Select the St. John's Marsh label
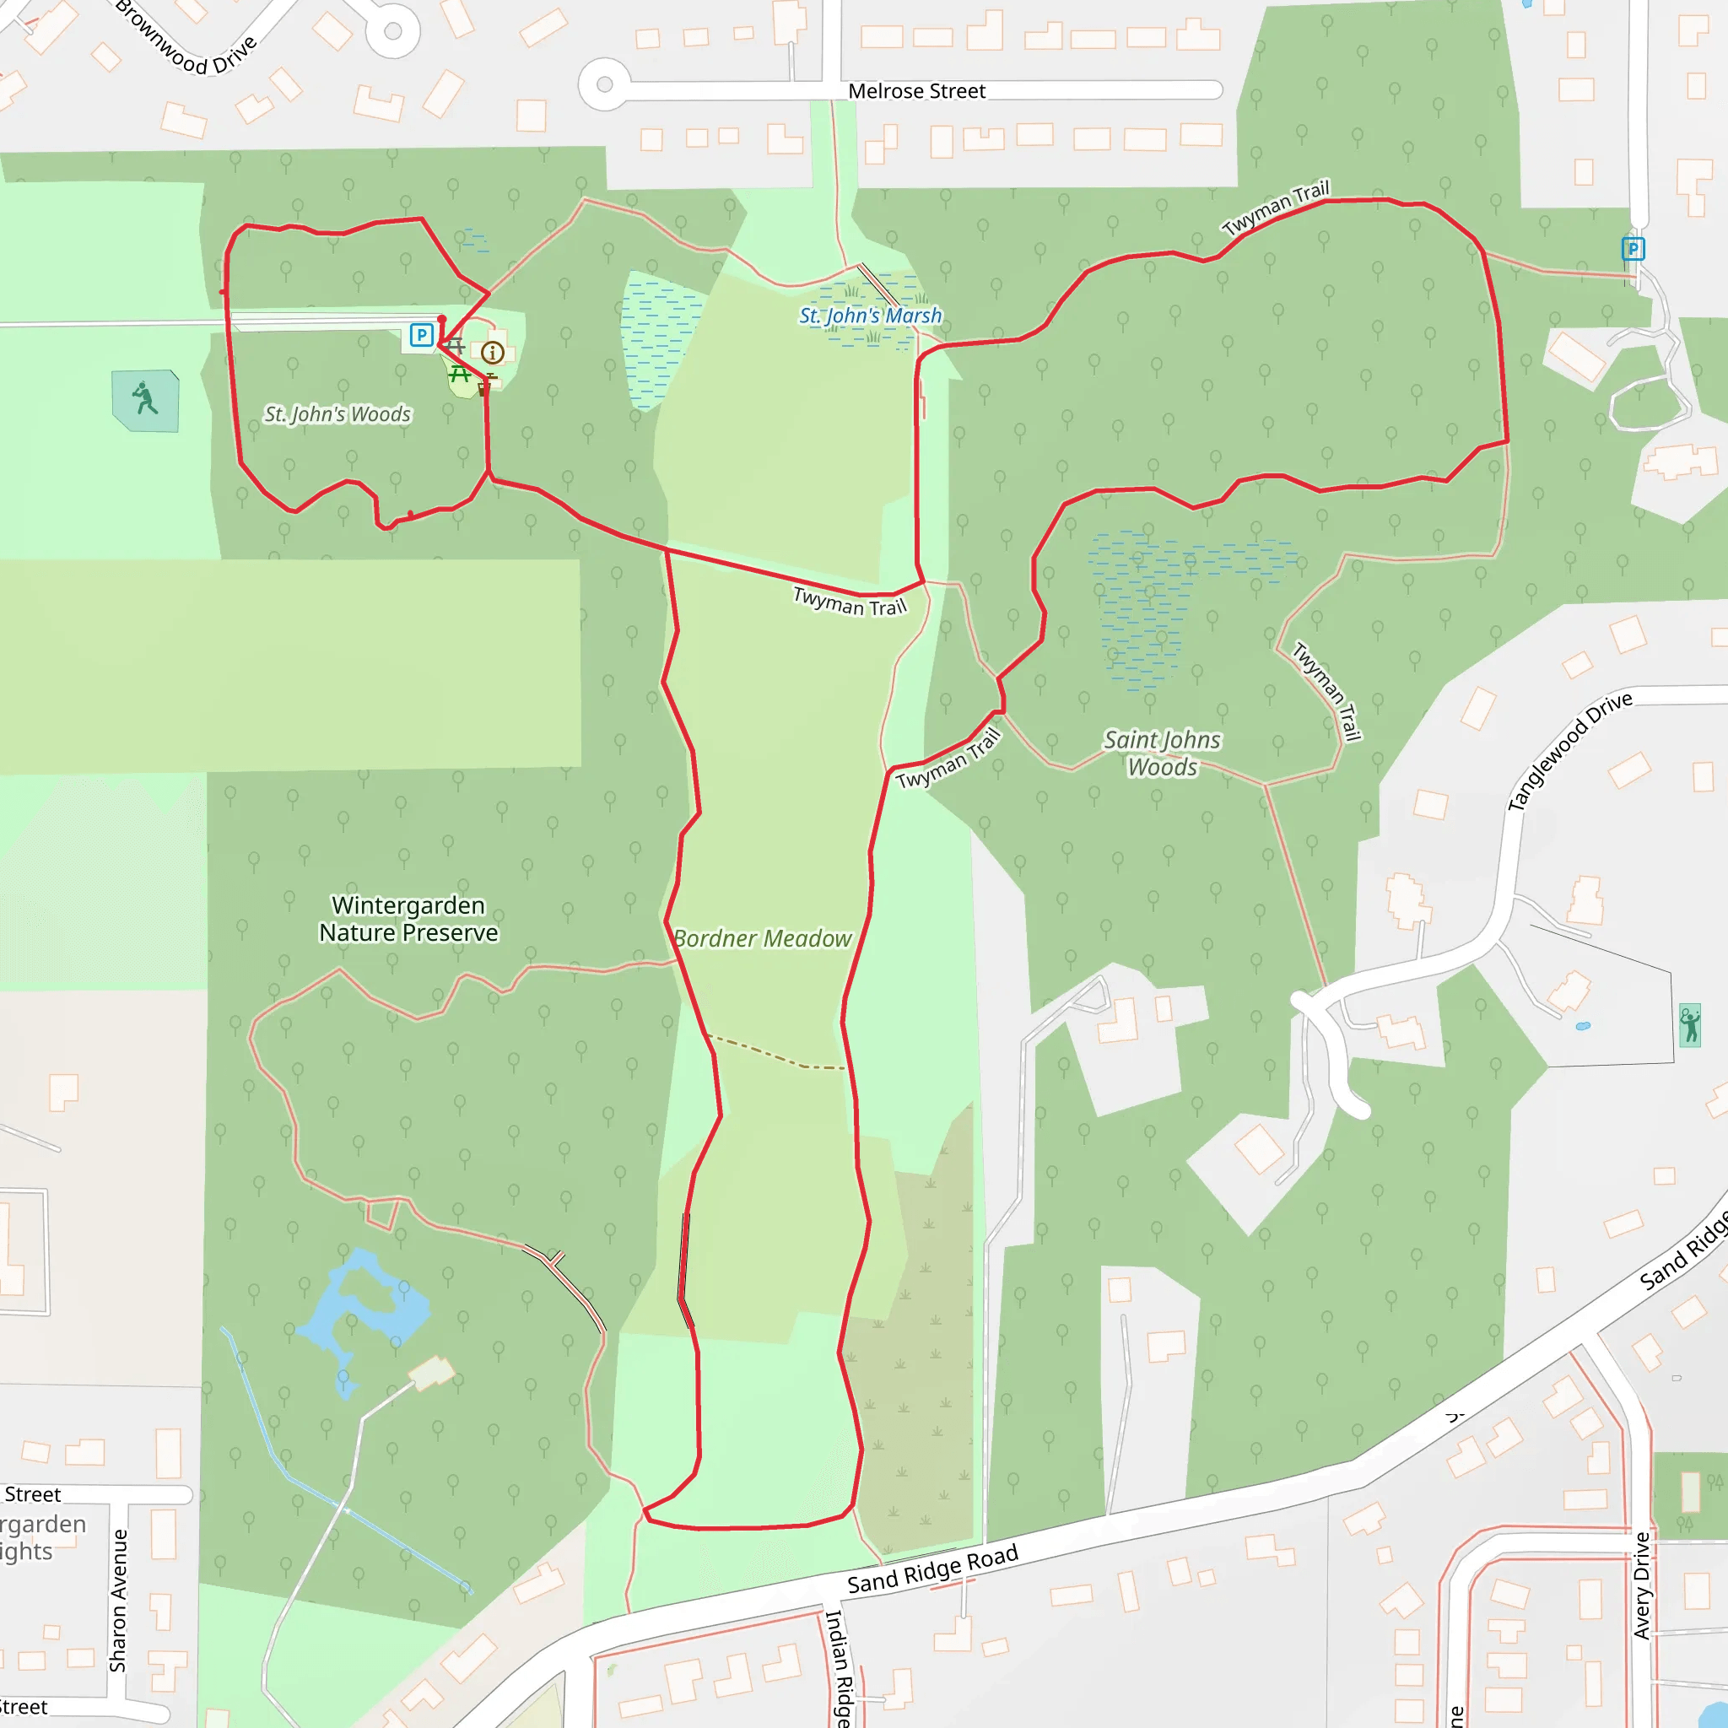[x=870, y=316]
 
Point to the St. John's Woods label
[x=337, y=414]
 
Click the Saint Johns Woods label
[x=1162, y=753]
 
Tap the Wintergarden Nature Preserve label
[x=408, y=919]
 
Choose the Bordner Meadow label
[x=762, y=938]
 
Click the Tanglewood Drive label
[x=1569, y=751]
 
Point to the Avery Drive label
[x=1641, y=1585]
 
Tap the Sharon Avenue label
[x=118, y=1601]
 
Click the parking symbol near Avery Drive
[x=1633, y=249]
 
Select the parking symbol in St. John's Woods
[x=421, y=336]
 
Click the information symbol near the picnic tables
[x=492, y=353]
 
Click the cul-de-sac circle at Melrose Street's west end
[x=605, y=85]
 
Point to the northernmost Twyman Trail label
[x=1277, y=208]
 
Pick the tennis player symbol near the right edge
[x=1689, y=1025]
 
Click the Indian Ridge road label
[x=838, y=1669]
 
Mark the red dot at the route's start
[x=442, y=319]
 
